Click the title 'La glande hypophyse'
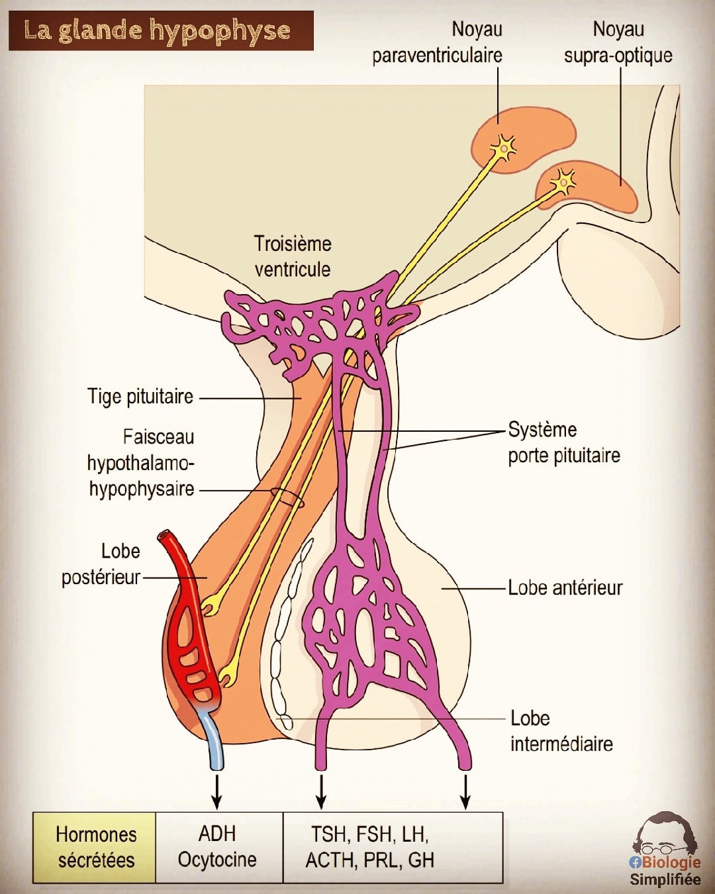point(157,30)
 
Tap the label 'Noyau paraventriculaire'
point(437,42)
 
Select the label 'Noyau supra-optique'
point(618,42)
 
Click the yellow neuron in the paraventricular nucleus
point(504,147)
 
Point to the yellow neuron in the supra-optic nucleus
point(563,181)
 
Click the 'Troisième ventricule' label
point(293,256)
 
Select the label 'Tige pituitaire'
point(140,396)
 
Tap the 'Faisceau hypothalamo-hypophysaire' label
point(141,463)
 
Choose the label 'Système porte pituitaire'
point(564,442)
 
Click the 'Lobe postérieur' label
point(101,564)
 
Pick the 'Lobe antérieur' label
point(565,588)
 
